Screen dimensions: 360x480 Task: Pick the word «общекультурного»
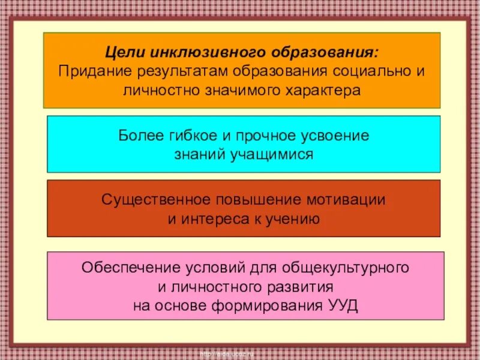pos(351,266)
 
